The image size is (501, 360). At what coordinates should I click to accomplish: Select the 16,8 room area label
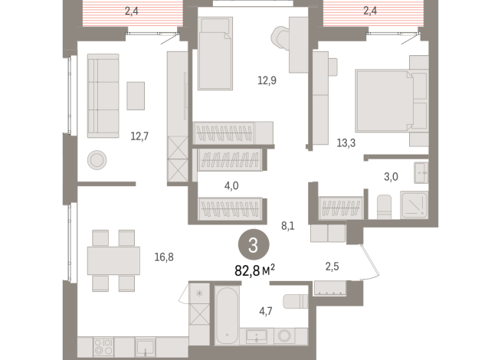164,257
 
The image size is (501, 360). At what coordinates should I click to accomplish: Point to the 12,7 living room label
139,137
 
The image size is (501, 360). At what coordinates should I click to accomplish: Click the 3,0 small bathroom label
391,177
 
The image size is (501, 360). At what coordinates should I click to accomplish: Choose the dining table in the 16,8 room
113,260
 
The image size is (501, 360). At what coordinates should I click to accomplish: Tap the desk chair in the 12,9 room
281,36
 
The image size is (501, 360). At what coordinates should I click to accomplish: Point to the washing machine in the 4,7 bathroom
285,335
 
